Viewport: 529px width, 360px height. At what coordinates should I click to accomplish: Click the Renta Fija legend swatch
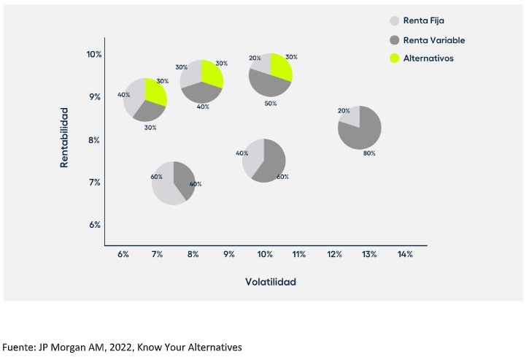pyautogui.click(x=395, y=21)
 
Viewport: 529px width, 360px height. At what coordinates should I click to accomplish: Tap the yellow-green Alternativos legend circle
pyautogui.click(x=395, y=58)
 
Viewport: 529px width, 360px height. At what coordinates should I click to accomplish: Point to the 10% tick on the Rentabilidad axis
pyautogui.click(x=93, y=55)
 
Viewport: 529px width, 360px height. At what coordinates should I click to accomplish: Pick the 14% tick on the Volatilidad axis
pyautogui.click(x=405, y=255)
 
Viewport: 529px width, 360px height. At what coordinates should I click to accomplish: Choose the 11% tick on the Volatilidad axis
pyautogui.click(x=298, y=255)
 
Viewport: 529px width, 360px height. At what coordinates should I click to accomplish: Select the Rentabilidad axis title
pyautogui.click(x=65, y=138)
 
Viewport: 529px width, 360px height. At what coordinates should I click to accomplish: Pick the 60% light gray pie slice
pyautogui.click(x=165, y=186)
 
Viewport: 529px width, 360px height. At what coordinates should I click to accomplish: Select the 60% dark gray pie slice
pyautogui.click(x=270, y=162)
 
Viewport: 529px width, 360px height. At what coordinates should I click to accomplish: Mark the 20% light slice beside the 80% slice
pyautogui.click(x=350, y=116)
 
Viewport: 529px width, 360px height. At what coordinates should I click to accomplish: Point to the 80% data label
pyautogui.click(x=369, y=153)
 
